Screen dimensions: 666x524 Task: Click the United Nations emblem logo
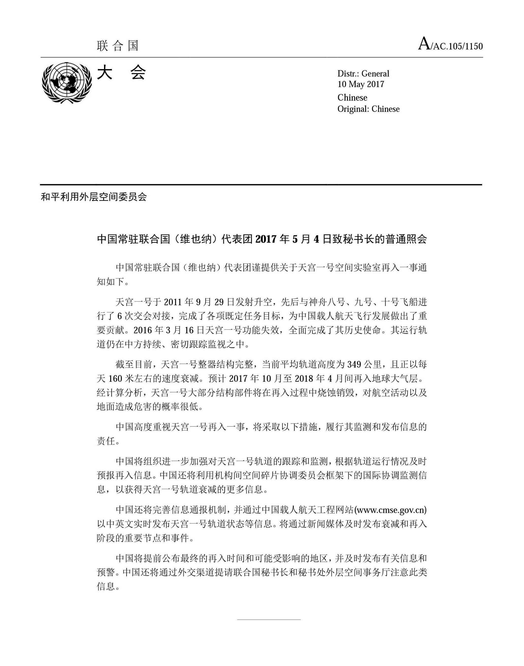coord(67,82)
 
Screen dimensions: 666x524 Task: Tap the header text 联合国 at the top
coord(118,46)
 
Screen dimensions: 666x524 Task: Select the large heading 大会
coord(122,73)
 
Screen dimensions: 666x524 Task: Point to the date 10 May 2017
coord(361,84)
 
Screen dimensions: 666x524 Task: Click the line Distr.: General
coord(363,74)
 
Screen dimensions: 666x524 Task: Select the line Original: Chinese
coord(368,109)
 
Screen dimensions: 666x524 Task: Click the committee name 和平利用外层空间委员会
coord(94,197)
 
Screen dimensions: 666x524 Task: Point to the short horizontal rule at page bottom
coord(269,620)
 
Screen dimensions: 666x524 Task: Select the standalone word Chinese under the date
coord(352,97)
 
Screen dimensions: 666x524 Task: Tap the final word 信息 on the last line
coord(106,587)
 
